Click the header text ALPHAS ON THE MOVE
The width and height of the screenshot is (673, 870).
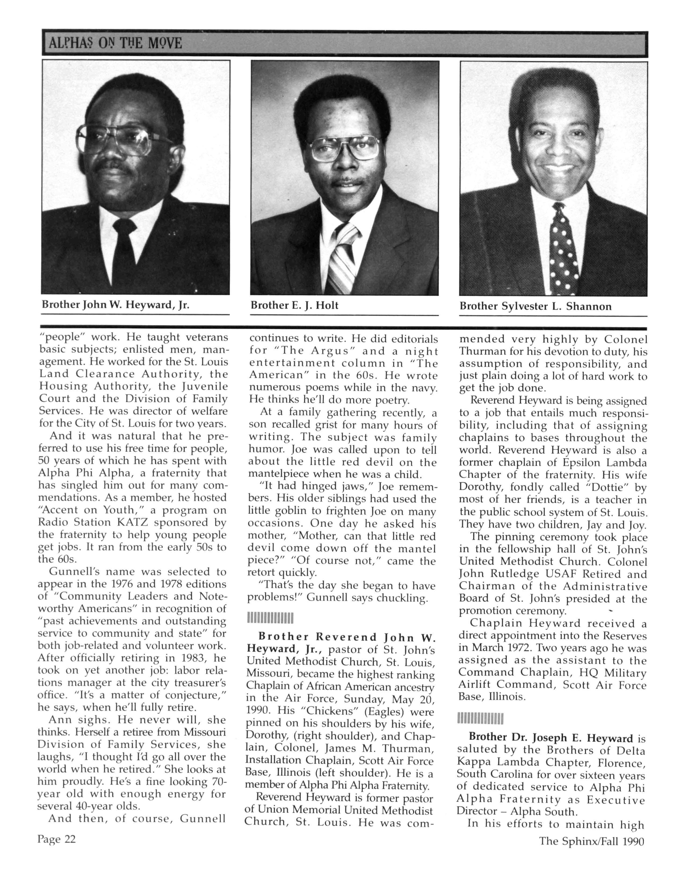(x=115, y=43)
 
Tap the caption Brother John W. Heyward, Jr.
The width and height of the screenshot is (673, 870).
(x=115, y=305)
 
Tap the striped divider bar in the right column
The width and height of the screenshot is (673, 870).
(x=480, y=719)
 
